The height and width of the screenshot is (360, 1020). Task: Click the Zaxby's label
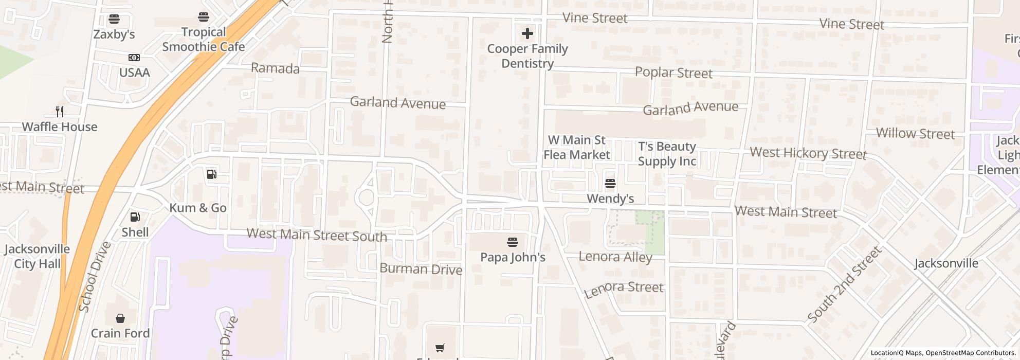[x=114, y=34]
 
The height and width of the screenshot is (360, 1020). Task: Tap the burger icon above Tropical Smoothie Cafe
[x=204, y=17]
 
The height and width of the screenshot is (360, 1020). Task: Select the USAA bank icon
[x=134, y=58]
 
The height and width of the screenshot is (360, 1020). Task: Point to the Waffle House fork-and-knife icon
[x=60, y=111]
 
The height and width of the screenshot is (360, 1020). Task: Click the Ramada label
[x=275, y=68]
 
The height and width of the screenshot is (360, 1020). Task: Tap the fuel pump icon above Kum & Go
[x=211, y=174]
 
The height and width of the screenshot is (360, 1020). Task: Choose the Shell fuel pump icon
[x=135, y=218]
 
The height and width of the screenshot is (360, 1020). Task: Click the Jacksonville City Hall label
[x=37, y=256]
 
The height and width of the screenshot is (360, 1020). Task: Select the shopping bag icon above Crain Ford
[x=120, y=318]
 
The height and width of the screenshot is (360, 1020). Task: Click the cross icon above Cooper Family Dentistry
[x=527, y=34]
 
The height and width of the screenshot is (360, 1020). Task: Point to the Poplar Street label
[x=673, y=73]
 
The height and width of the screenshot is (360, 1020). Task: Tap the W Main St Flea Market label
[x=577, y=147]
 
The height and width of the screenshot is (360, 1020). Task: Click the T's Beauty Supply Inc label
[x=667, y=154]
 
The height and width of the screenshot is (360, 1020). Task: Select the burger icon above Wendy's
[x=610, y=184]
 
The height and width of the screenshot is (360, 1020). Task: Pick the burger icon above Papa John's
[x=512, y=242]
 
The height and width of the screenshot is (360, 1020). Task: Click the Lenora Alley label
[x=615, y=257]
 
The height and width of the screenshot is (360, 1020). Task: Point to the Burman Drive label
[x=421, y=269]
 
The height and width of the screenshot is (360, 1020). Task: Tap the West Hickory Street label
[x=808, y=153]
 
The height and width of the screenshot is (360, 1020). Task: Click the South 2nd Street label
[x=845, y=284]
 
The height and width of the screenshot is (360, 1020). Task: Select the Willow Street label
[x=915, y=134]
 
